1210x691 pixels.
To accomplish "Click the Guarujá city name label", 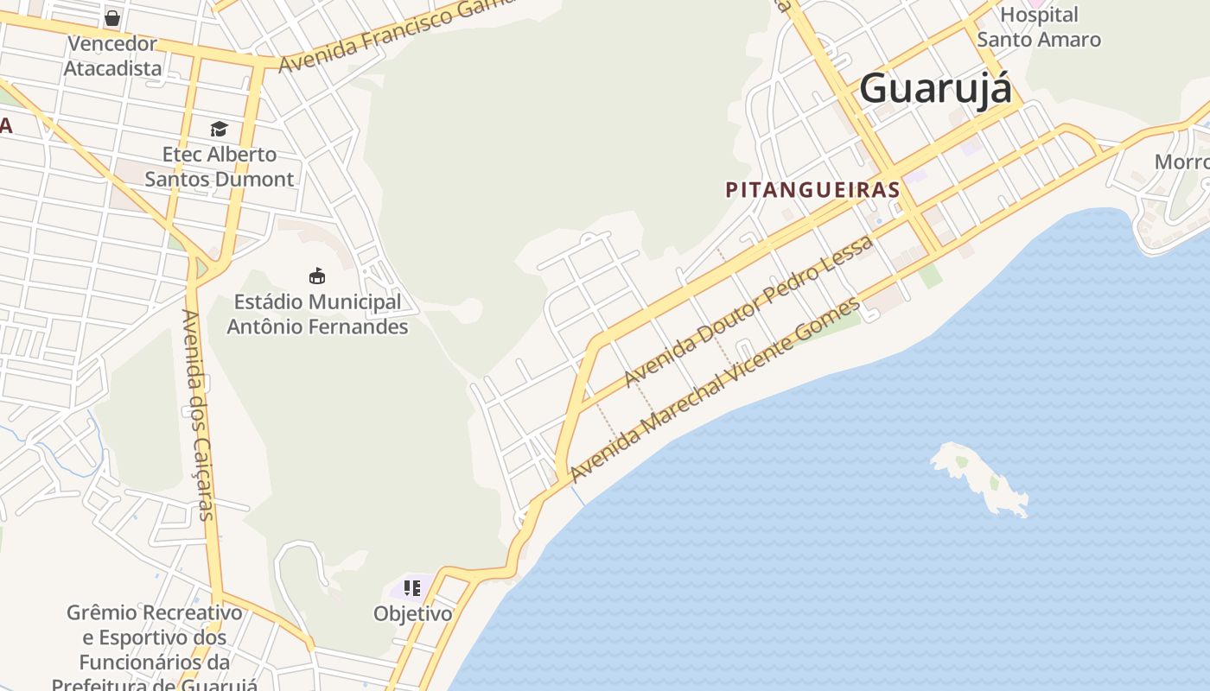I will tap(935, 88).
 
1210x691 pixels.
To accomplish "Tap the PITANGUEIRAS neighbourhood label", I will tap(812, 190).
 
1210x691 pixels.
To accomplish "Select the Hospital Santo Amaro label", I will tap(1038, 27).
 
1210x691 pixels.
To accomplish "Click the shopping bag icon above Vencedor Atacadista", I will tap(112, 17).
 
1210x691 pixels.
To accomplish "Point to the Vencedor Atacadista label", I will tap(112, 55).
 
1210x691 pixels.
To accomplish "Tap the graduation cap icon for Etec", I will tap(219, 129).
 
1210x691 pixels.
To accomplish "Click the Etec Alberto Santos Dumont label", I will tap(220, 167).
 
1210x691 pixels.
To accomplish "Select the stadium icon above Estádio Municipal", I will tap(317, 276).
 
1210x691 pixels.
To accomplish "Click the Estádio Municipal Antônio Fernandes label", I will tap(317, 314).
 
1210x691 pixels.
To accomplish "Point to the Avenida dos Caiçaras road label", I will tap(197, 415).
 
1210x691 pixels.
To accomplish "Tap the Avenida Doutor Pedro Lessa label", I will tap(748, 311).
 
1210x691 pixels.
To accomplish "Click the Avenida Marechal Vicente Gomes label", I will tap(716, 390).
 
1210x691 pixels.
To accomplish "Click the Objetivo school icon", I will tap(412, 589).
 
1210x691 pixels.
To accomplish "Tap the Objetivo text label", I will tap(412, 614).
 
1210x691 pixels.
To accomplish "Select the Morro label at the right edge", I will tap(1181, 162).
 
